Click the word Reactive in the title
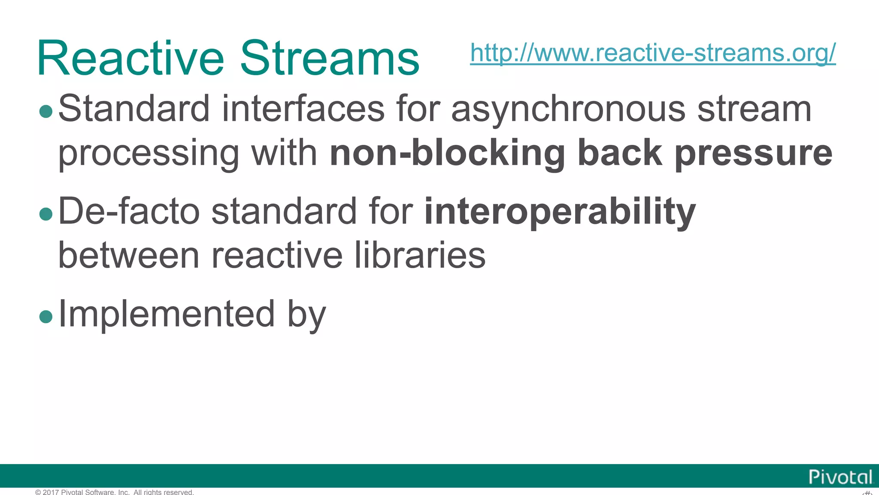coord(130,58)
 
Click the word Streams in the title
coord(329,58)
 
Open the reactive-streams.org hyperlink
coord(652,53)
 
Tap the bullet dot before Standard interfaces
coord(45,112)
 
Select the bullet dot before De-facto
coord(45,214)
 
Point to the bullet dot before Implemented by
coord(45,317)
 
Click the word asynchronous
coord(568,110)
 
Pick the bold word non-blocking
coord(447,153)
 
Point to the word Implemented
coord(166,314)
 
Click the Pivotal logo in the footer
coord(840,477)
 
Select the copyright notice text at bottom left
coord(115,492)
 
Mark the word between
coord(129,255)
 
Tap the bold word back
coord(620,153)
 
